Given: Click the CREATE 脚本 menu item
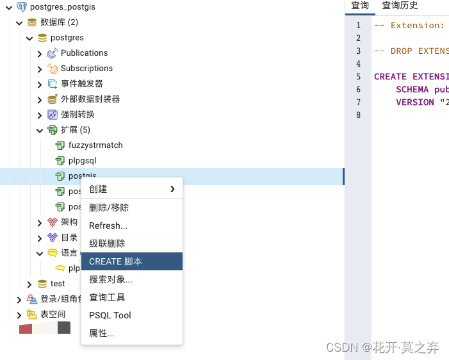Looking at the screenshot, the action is coord(116,261).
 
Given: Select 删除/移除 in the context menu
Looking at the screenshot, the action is coord(109,208).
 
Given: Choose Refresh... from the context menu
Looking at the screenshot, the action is coord(108,225).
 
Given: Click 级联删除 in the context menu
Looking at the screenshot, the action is coord(107,243).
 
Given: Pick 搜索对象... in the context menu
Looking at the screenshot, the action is coord(111,279).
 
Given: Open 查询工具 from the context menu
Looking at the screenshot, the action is coord(107,297).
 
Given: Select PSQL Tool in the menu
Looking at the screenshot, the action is coord(110,315).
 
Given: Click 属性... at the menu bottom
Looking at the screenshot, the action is coord(102,333).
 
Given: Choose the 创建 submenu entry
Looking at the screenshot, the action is coord(98,189).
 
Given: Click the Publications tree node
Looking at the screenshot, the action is coord(84,53).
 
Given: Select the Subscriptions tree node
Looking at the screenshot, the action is coord(86,69).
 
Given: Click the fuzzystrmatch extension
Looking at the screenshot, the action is coord(95,145).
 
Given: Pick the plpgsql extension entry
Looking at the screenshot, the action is coord(82,161).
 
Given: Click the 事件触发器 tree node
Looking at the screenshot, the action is coord(81,84).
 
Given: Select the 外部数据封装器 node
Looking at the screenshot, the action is coord(90,99).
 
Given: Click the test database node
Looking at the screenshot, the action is coord(58,284).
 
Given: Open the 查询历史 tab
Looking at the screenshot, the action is coord(400,6).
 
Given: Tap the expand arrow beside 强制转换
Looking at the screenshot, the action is coord(40,115).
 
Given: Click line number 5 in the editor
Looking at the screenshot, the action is coord(359,76).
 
